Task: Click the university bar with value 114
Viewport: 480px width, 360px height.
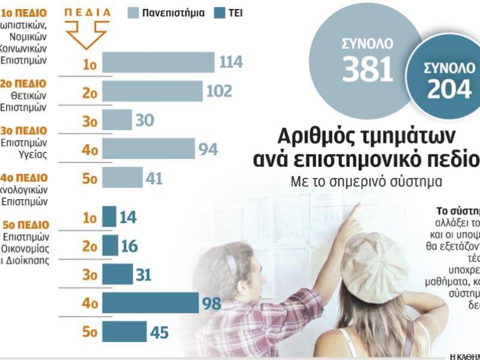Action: pos(158,62)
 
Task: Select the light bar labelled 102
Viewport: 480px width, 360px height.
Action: pos(152,91)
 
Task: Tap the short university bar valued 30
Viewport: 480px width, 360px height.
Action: pos(117,120)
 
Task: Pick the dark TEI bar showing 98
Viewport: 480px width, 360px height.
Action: pos(150,303)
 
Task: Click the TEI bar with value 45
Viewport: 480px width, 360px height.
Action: pos(124,332)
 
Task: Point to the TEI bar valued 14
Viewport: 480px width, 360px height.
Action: pos(109,217)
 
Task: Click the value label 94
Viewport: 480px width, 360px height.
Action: pos(208,149)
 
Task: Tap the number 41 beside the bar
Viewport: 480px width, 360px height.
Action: pos(154,178)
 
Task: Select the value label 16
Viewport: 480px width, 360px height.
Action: pos(129,246)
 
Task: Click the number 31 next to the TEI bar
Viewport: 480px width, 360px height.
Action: pos(143,275)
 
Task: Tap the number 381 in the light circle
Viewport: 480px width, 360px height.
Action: pos(367,69)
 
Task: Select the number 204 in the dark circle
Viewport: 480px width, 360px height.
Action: pos(449,89)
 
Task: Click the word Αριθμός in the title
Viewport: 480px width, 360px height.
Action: pos(316,134)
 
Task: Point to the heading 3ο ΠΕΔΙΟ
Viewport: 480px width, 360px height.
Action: pos(23,131)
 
